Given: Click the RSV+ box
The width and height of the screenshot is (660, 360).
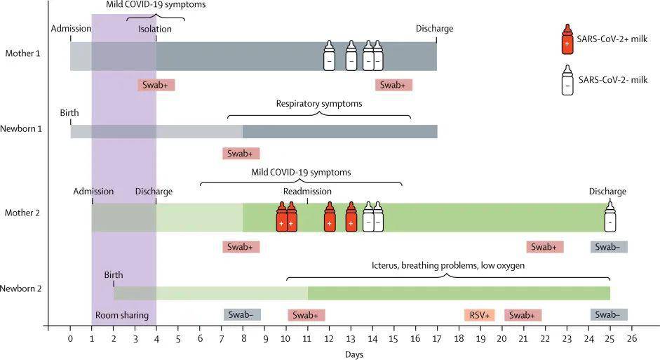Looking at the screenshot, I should pos(480,315).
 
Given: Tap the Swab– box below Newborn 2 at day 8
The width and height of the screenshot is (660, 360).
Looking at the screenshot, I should pos(242,315).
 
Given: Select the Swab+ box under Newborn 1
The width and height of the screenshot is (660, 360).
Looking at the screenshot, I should pos(241,153).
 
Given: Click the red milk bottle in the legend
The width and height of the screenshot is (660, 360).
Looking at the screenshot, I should pos(567,39).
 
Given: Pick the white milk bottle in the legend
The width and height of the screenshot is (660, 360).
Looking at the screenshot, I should pos(567,80).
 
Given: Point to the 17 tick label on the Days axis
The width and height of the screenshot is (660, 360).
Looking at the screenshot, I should pos(436,339).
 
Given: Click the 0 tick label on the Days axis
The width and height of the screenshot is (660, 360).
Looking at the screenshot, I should pos(70,339).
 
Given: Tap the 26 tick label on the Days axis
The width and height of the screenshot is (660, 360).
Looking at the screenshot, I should pos(631,339).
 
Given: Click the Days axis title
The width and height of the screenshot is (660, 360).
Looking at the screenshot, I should pos(354,354).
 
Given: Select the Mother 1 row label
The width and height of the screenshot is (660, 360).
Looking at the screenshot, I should pos(22,53).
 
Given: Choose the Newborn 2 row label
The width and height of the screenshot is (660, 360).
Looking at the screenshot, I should pos(24,288).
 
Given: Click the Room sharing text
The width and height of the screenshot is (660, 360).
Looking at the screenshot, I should pos(122,316).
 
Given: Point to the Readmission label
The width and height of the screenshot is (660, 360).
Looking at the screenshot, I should pos(307,192).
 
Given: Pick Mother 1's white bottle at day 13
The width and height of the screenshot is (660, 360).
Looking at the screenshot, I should pos(351,55).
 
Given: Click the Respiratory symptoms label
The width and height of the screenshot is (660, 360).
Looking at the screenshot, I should pos(319,104).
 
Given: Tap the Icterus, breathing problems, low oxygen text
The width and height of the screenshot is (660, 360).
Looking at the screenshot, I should pos(448,266).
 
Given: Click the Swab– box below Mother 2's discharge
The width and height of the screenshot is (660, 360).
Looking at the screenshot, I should pos(609,247).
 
